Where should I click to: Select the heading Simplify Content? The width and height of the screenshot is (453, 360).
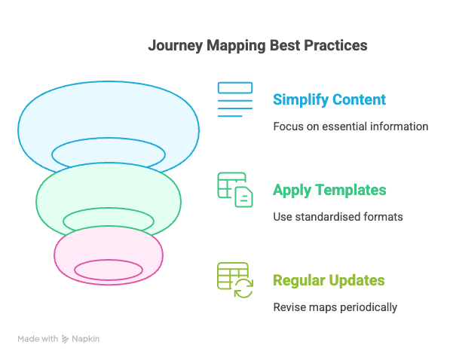pos(329,99)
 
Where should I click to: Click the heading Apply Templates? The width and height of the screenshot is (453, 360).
pos(329,190)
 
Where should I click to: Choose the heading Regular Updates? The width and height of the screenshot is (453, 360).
pos(329,281)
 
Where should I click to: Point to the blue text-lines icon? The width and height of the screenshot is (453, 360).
pos(235,99)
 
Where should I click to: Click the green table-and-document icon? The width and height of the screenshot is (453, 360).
pos(235,190)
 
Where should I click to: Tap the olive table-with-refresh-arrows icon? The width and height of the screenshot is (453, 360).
pos(235,280)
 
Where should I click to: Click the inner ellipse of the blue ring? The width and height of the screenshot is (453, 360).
pos(109,154)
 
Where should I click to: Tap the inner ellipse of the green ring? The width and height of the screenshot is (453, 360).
pos(109,221)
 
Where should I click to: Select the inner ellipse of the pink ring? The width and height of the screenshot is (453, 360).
pos(109,270)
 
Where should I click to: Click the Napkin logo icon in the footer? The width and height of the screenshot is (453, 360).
pos(66,339)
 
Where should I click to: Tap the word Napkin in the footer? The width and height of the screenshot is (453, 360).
pos(86,339)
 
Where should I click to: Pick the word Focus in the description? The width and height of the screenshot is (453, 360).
pos(287,127)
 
